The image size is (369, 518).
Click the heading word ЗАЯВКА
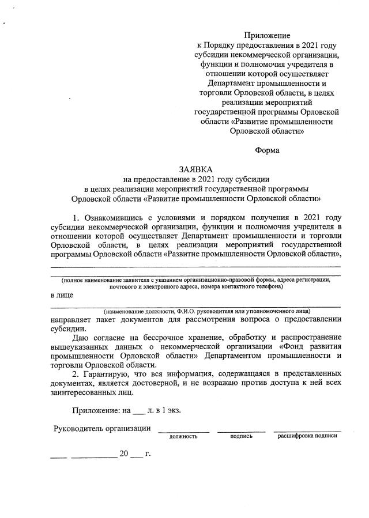click(195, 169)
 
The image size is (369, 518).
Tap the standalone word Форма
click(267, 150)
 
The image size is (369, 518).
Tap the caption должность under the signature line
click(183, 437)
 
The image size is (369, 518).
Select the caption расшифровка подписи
click(307, 436)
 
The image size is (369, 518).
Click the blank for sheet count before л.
click(138, 413)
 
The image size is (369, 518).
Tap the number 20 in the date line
click(123, 453)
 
